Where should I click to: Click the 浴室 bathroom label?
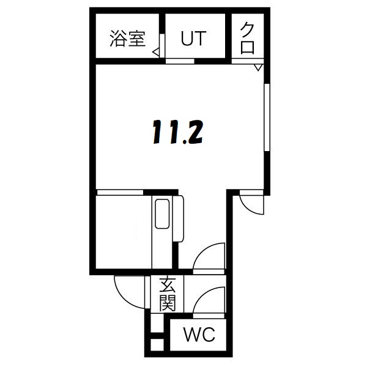point(128,38)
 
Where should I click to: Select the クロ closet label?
point(248,37)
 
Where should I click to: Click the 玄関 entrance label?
point(167,294)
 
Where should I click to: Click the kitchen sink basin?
point(162,213)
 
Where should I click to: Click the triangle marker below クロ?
point(259,65)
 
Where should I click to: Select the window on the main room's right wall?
point(266,116)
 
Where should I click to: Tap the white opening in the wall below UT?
point(180,61)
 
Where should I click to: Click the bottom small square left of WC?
point(157,344)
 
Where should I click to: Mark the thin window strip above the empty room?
point(120,193)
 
